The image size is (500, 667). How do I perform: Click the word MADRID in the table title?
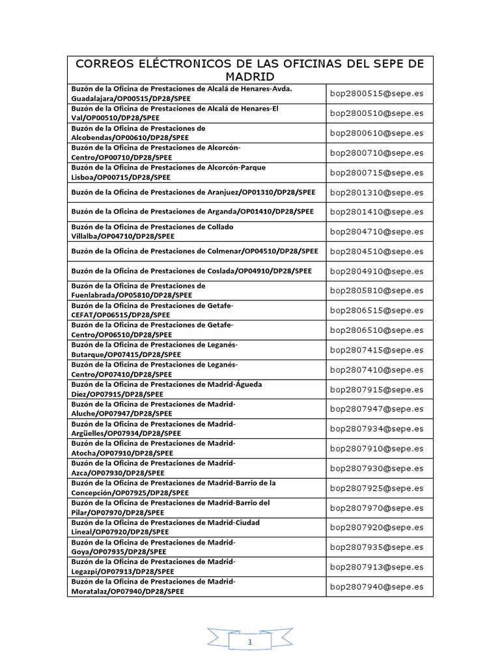click(x=250, y=77)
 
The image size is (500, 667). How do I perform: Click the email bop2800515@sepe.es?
click(x=376, y=93)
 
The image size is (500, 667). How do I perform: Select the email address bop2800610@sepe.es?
click(x=376, y=133)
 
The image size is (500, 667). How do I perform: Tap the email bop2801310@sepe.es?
click(x=376, y=192)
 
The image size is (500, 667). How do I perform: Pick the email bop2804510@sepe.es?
click(x=376, y=251)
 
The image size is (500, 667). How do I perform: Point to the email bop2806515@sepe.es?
click(x=376, y=311)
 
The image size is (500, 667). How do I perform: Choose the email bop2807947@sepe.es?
click(x=376, y=409)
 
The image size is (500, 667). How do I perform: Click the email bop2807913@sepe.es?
click(x=376, y=567)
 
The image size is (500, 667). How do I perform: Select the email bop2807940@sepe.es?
click(x=376, y=587)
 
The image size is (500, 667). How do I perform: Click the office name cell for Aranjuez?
click(x=197, y=192)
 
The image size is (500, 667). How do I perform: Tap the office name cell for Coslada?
click(x=197, y=271)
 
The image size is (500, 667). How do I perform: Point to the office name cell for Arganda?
click(x=197, y=212)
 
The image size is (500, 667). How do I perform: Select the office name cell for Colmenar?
click(x=197, y=251)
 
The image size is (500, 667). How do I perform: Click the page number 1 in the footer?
click(x=250, y=642)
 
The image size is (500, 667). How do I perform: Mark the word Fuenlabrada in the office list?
click(x=91, y=295)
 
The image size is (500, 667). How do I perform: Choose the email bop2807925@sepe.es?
click(x=376, y=488)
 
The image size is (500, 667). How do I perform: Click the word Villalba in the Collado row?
click(x=84, y=236)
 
